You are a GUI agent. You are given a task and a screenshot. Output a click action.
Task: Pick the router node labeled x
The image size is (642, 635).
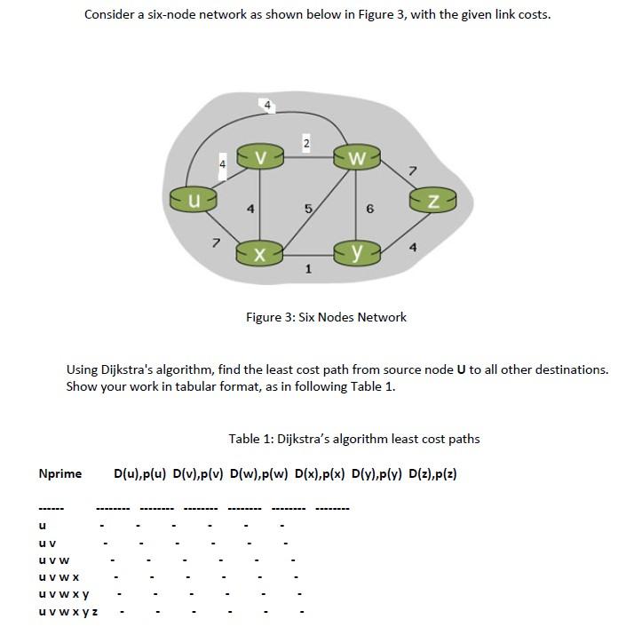pyautogui.click(x=258, y=254)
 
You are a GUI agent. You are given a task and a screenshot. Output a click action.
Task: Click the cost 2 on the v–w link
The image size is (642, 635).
pyautogui.click(x=305, y=143)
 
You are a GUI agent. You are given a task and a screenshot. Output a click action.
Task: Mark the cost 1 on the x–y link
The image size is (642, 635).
pyautogui.click(x=307, y=270)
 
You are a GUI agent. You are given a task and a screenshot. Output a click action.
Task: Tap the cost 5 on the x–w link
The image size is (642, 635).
pyautogui.click(x=306, y=210)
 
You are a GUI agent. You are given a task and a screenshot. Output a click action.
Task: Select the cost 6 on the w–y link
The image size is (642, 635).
pyautogui.click(x=370, y=210)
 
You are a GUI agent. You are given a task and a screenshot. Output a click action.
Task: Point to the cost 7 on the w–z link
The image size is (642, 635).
pyautogui.click(x=412, y=169)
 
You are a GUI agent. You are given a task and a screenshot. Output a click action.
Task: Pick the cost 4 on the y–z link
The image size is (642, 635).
pyautogui.click(x=412, y=248)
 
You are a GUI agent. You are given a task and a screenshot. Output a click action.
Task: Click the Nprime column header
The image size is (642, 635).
pyautogui.click(x=60, y=473)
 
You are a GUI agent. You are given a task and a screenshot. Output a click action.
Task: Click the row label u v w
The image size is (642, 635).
pyautogui.click(x=52, y=560)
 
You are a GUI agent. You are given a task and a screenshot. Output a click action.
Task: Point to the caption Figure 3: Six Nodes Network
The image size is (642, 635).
pyautogui.click(x=326, y=317)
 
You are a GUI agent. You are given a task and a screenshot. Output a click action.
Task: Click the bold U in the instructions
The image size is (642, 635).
pyautogui.click(x=461, y=369)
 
